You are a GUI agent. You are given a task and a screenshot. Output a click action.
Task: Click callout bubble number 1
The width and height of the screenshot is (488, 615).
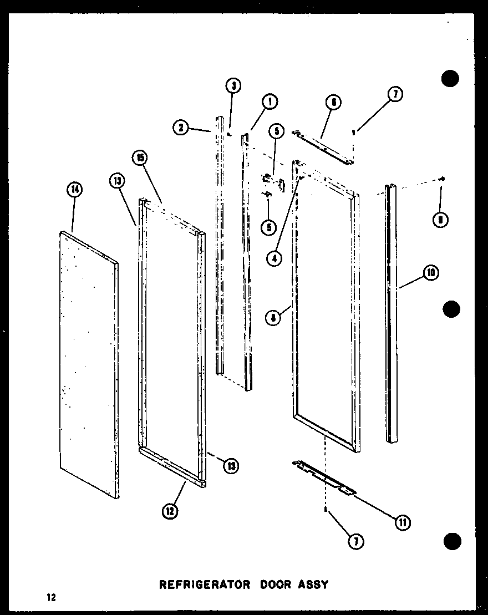tap(270, 101)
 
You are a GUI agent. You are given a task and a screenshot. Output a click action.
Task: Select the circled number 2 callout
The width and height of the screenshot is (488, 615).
tap(180, 128)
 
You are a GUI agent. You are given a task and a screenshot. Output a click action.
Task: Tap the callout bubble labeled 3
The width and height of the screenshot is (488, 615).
tap(233, 85)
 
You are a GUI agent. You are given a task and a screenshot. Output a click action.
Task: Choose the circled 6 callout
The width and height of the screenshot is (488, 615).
tap(333, 102)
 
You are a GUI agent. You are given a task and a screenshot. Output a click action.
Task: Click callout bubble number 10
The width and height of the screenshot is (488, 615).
tap(430, 273)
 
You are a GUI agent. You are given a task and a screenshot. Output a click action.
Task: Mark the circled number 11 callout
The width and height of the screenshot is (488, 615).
tap(401, 521)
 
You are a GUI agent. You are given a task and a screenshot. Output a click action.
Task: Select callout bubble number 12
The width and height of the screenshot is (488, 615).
tap(170, 511)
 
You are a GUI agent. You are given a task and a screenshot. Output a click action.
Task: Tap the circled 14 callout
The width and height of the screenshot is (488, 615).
tap(74, 190)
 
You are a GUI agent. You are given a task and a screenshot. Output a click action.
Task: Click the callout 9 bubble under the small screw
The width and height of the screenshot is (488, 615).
tap(441, 219)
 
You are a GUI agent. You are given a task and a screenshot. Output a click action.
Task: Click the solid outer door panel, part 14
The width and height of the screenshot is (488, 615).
tap(89, 360)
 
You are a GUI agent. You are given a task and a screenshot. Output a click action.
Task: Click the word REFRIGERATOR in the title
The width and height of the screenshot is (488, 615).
tap(200, 584)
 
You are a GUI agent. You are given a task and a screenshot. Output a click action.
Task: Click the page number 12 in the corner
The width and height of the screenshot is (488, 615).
tap(52, 597)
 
